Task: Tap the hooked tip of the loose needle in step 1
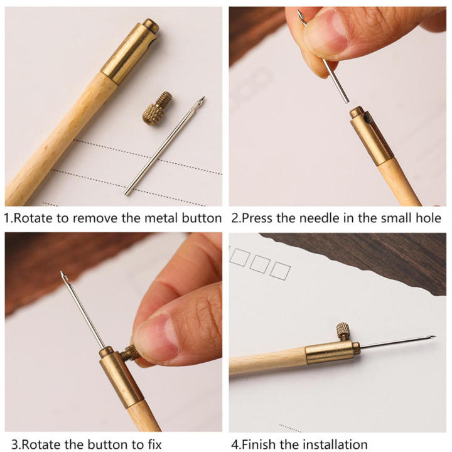tap(201, 100)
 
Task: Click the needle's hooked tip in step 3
tap(63, 276)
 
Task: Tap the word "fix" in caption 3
tap(153, 445)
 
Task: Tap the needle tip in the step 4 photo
tap(433, 338)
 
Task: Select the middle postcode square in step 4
tap(259, 264)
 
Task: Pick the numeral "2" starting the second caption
tap(235, 218)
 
